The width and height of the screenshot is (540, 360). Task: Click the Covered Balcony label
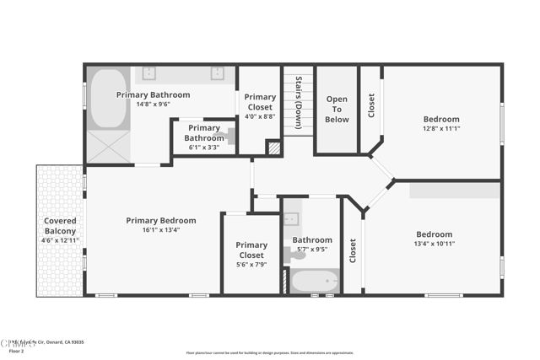[60, 225]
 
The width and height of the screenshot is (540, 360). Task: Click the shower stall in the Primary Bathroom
[108, 146]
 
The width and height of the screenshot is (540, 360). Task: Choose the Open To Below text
[337, 110]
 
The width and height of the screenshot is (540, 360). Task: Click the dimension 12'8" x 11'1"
[441, 128]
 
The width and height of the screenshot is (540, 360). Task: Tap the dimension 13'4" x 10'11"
[434, 244]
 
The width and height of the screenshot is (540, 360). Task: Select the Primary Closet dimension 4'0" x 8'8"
[260, 116]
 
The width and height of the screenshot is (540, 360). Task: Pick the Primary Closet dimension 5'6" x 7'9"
[251, 264]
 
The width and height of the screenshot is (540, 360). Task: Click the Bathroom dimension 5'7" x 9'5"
[312, 249]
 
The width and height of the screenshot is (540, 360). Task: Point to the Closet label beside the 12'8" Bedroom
[372, 105]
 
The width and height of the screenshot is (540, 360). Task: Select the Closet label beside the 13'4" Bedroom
[353, 250]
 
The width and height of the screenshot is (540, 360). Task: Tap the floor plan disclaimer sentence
[270, 352]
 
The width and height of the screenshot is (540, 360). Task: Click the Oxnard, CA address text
[51, 342]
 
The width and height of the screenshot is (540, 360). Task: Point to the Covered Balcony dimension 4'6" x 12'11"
[60, 240]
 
